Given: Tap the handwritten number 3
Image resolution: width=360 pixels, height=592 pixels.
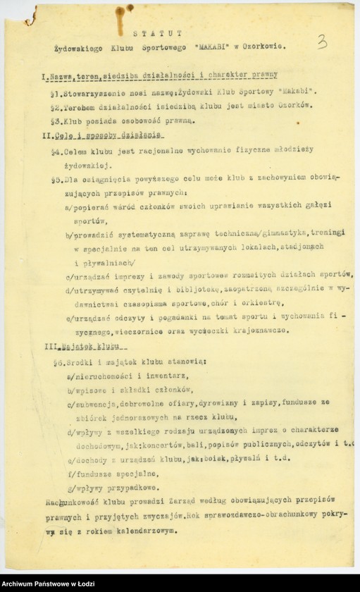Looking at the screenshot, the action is click(x=322, y=42).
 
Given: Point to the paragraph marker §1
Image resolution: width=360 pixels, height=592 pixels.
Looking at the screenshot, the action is click(x=54, y=92).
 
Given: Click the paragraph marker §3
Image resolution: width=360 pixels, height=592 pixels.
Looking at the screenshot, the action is click(x=54, y=120).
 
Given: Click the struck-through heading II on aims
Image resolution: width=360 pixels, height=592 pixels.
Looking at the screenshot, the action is click(x=103, y=134).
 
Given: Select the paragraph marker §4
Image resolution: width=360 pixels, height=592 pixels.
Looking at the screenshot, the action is click(x=55, y=151).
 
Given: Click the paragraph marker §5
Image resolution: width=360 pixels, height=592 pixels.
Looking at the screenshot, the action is click(x=55, y=179).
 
